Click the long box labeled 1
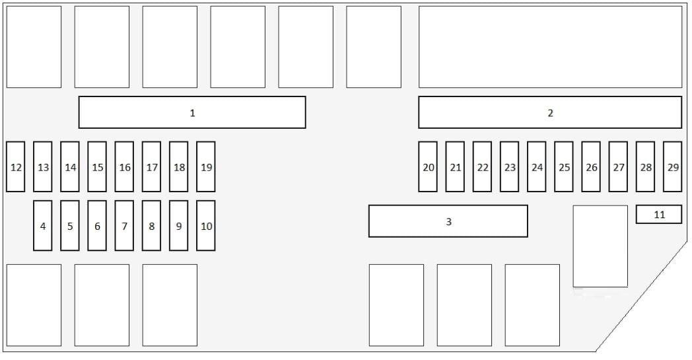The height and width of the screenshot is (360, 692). tap(192, 112)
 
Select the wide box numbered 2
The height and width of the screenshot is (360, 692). tap(550, 112)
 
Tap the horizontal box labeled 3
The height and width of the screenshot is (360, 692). tap(448, 221)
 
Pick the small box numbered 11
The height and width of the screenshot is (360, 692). tap(659, 214)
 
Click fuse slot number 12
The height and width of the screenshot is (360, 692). tap(15, 166)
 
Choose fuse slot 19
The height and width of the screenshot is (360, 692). tap(205, 166)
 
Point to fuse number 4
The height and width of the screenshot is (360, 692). tap(43, 225)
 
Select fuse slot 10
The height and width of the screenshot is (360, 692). tap(205, 225)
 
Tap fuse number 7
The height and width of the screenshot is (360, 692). tap(124, 225)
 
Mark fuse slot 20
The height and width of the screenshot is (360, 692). tap(428, 166)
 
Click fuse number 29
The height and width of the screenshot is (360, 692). tap(673, 166)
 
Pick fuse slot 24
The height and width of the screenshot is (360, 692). tap(537, 166)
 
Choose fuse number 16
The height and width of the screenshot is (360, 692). tap(124, 166)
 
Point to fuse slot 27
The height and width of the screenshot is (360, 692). tap(618, 166)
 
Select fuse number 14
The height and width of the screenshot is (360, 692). tap(70, 166)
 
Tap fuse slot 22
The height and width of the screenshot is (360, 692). tap(483, 166)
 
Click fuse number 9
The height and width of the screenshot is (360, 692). tap(179, 225)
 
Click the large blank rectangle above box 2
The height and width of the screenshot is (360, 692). tap(550, 47)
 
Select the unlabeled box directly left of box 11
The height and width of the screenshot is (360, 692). tap(600, 246)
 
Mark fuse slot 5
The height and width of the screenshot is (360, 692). tap(70, 225)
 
